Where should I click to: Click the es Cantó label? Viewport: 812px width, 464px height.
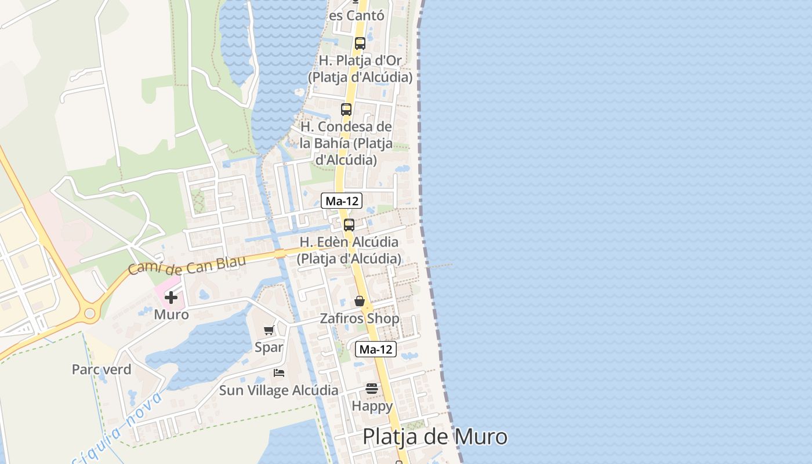[x=357, y=16]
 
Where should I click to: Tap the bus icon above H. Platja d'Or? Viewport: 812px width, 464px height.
[x=360, y=43]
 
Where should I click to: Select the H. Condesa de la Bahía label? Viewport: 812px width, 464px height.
[x=346, y=143]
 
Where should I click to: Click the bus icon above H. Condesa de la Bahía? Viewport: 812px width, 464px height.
[x=346, y=110]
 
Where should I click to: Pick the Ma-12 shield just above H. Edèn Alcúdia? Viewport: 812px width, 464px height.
[x=342, y=201]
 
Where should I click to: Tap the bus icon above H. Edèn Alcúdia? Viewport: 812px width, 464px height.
[x=349, y=225]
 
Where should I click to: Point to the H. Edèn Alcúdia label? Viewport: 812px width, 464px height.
[x=349, y=250]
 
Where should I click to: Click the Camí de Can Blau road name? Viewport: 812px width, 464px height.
[x=187, y=265]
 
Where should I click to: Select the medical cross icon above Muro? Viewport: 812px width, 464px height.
[x=171, y=298]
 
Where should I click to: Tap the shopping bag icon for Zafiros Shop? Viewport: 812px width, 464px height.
[x=360, y=301]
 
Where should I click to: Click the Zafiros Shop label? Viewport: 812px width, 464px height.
[x=360, y=318]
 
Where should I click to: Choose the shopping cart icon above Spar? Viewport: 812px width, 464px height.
[x=269, y=331]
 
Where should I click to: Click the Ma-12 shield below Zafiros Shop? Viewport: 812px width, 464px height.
[x=376, y=349]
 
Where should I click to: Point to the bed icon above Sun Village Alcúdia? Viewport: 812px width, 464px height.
[x=279, y=373]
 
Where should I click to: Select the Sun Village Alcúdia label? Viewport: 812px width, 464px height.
[x=278, y=390]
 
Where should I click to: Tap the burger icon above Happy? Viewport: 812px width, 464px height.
[x=372, y=389]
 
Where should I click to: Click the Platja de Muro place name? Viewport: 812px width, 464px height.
[x=435, y=437]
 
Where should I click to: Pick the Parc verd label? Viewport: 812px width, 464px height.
[x=101, y=369]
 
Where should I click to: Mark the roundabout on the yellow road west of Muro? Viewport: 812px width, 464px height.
[x=89, y=314]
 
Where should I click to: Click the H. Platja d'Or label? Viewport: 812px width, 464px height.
[x=360, y=68]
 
